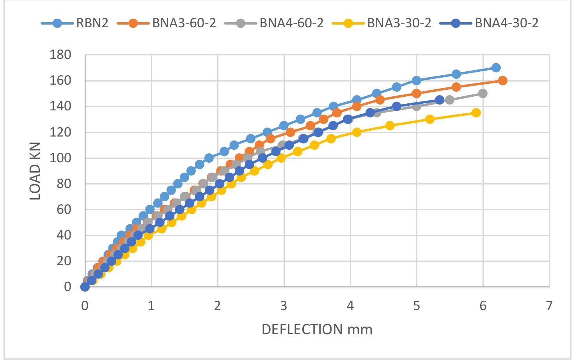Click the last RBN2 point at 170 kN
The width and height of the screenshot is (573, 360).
(496, 68)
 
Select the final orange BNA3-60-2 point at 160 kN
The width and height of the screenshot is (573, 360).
(503, 81)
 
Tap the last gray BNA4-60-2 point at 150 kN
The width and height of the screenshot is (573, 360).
(483, 94)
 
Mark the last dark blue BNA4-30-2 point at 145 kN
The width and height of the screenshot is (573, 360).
(440, 100)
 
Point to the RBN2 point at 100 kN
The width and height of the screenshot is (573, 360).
(209, 158)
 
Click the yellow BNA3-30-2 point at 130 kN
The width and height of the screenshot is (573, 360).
(430, 119)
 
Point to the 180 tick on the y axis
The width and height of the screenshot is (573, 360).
(60, 55)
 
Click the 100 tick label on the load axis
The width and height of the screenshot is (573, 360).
(60, 158)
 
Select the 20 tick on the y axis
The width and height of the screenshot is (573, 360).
(65, 261)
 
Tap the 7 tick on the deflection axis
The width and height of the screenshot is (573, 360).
(549, 306)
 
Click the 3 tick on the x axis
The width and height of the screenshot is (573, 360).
(284, 306)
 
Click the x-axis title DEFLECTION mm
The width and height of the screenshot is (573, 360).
(317, 330)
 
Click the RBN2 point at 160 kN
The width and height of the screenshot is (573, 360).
(417, 81)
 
